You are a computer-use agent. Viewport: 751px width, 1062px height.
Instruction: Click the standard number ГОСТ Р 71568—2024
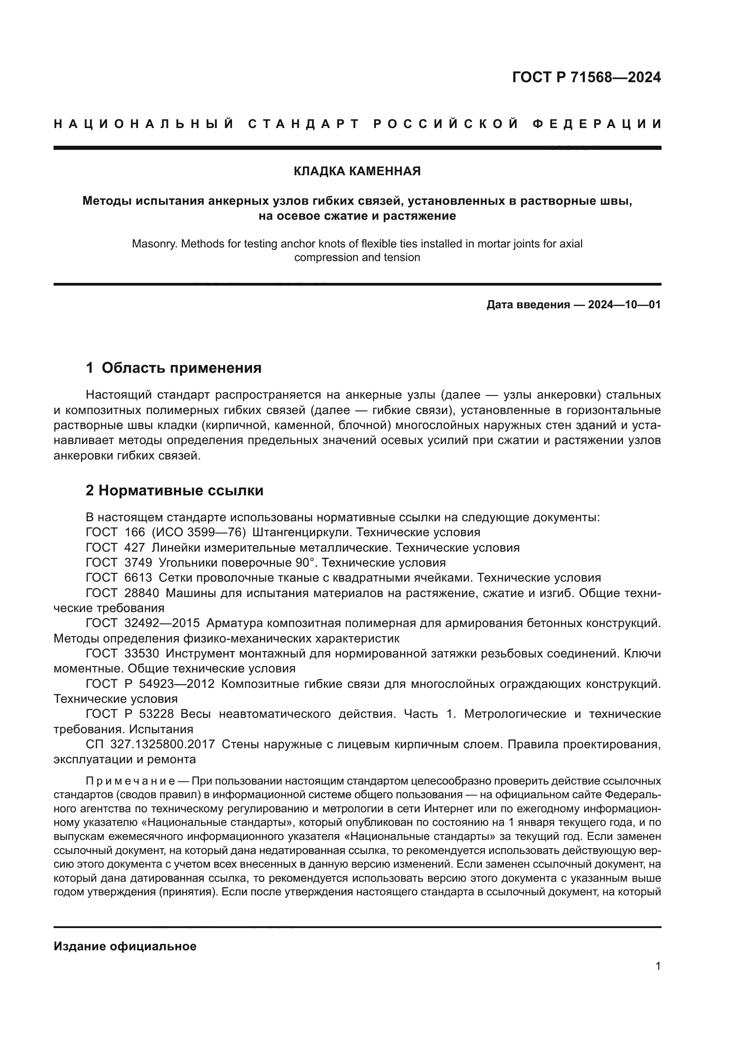click(586, 77)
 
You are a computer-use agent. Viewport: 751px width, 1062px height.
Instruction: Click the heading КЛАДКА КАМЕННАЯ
click(357, 172)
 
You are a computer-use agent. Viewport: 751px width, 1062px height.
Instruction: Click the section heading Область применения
click(181, 368)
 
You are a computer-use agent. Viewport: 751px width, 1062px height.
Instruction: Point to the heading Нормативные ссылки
click(180, 490)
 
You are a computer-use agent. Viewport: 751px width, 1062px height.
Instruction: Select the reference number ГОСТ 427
click(116, 548)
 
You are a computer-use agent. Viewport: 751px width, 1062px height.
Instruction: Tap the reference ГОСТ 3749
click(119, 563)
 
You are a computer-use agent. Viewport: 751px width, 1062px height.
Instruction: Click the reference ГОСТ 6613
click(119, 578)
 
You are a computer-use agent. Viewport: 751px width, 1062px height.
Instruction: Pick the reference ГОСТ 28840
click(123, 593)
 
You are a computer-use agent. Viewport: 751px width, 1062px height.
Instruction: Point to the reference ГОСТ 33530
click(123, 653)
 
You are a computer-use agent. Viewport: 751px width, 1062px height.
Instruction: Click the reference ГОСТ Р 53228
click(130, 714)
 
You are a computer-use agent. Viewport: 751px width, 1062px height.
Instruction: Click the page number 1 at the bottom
click(657, 979)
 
